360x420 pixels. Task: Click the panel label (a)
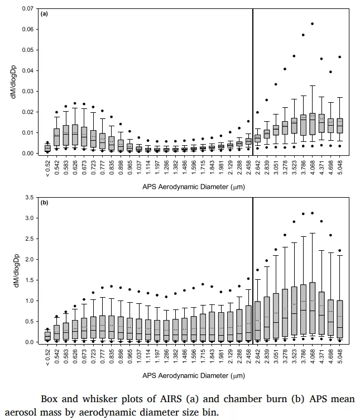pyautogui.click(x=44, y=14)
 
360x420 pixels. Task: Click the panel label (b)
pyautogui.click(x=44, y=202)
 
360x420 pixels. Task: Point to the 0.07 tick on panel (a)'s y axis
pyautogui.click(x=28, y=9)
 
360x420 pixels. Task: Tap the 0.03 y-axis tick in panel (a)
pyautogui.click(x=28, y=92)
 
